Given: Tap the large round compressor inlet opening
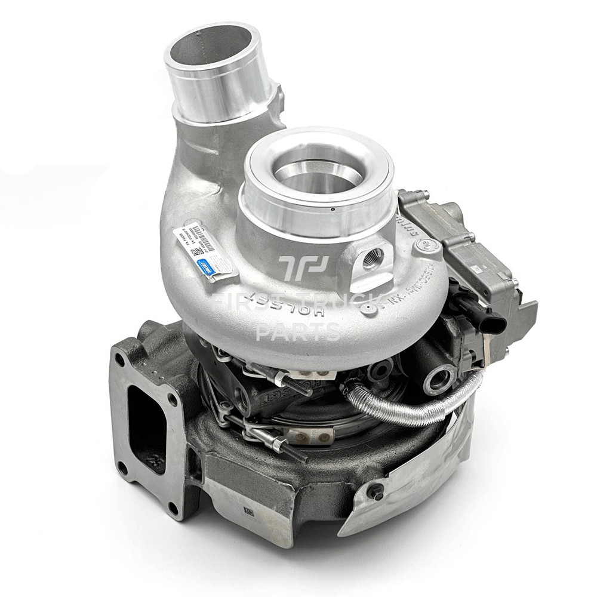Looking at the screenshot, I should coord(318,174).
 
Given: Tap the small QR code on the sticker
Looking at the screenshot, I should coord(196,251).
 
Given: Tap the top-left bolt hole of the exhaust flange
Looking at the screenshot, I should coord(120,361).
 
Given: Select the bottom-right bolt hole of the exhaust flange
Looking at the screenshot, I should coord(173,509).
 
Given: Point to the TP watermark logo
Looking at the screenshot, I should coord(303,269).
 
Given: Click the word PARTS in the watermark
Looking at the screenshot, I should coord(298,331).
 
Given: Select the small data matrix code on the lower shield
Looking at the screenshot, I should coord(249,512).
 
